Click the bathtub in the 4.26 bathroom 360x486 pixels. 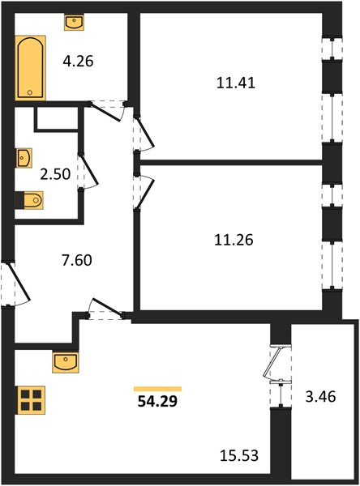coord(31,68)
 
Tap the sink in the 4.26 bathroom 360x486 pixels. coord(74,22)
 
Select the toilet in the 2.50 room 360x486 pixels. coord(29,200)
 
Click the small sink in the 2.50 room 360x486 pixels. coord(24,158)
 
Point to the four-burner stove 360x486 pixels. coord(31,400)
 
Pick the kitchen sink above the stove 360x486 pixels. coord(66,362)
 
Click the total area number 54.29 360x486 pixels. coord(157,402)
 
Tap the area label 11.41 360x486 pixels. coord(236,83)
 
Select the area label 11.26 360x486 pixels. coord(234,240)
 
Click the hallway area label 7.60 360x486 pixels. coord(77,260)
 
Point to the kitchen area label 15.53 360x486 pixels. coord(239,455)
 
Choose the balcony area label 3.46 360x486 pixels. coord(320,397)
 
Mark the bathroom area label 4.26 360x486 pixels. coord(78,61)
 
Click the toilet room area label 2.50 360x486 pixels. coord(55,174)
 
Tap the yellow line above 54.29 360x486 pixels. coord(157,389)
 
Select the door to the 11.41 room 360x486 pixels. coord(144,134)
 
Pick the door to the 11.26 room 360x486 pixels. coord(144,192)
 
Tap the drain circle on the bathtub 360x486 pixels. coord(30,92)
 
